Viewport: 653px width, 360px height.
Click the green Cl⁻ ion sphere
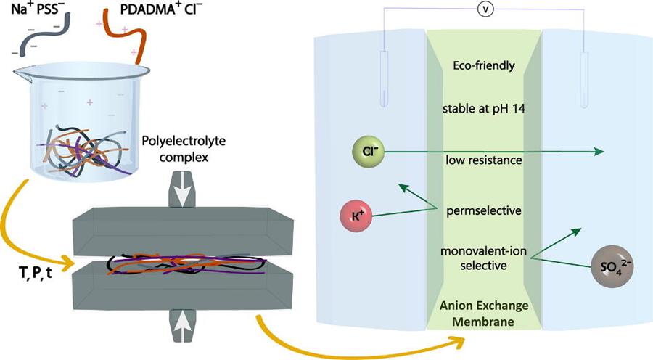[x=367, y=151]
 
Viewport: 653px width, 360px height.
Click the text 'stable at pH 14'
[x=480, y=109]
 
